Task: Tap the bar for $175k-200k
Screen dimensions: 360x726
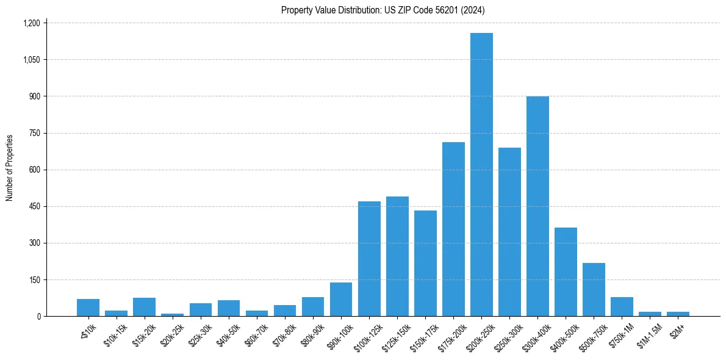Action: pos(453,229)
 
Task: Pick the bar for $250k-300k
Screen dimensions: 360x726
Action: pos(509,232)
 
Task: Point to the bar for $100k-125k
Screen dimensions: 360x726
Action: pos(369,259)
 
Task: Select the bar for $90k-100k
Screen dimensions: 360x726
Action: pos(341,299)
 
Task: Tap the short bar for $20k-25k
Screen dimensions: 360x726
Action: pos(172,314)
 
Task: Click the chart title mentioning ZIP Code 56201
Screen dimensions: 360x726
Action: pos(383,10)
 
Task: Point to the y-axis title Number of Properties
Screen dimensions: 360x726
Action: pos(10,168)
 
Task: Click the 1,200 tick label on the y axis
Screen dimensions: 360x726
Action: pos(31,23)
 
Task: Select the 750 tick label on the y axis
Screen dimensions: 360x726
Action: pos(34,133)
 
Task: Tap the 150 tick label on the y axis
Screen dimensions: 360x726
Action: pos(34,279)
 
